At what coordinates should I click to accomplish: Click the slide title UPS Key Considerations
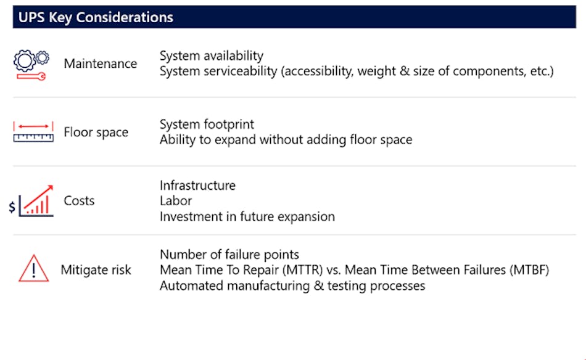tap(96, 17)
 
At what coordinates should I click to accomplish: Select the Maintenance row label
tap(100, 63)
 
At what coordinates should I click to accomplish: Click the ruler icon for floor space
tap(33, 132)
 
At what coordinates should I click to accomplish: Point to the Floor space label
tap(96, 133)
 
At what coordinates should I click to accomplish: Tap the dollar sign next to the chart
tap(12, 207)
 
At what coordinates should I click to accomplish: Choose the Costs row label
tap(79, 201)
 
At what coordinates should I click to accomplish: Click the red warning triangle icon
tap(33, 269)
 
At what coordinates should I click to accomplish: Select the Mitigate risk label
tap(96, 270)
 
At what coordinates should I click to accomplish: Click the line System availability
tap(211, 56)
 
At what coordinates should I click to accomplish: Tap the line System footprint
tap(207, 125)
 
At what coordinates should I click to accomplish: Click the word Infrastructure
tap(197, 186)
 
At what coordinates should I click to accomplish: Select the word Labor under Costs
tap(176, 201)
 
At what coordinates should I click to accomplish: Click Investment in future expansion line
tap(247, 216)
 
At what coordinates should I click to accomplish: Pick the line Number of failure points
tap(229, 254)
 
